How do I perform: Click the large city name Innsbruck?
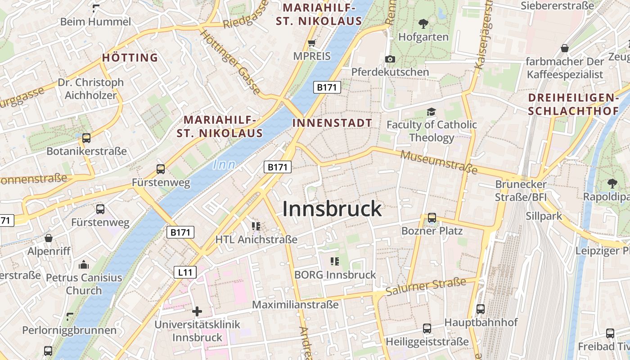click(332, 209)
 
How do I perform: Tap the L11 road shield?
click(185, 272)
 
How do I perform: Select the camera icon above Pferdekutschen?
click(390, 59)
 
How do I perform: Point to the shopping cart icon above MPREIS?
click(311, 43)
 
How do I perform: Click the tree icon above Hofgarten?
click(423, 23)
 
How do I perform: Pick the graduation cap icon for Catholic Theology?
click(432, 112)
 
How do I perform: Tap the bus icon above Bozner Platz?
click(432, 218)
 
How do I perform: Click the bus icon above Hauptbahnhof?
click(481, 309)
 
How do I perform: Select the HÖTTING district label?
click(130, 58)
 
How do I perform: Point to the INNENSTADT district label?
click(332, 123)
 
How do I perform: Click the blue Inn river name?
click(224, 165)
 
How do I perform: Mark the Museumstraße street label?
click(439, 162)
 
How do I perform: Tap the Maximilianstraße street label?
click(295, 305)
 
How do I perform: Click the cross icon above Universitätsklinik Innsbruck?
click(197, 311)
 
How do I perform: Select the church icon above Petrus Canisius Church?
click(84, 265)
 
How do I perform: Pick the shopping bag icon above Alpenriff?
click(49, 238)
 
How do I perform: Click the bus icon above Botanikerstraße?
click(86, 138)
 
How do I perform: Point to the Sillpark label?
click(544, 216)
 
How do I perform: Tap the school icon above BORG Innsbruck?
click(334, 261)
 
